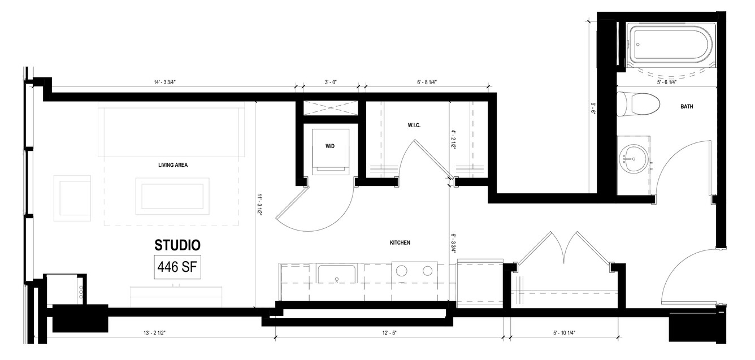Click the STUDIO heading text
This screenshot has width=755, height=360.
click(177, 245)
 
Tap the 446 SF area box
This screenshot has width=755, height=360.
click(177, 267)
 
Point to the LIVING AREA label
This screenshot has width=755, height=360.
click(173, 165)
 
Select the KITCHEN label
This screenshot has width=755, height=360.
click(400, 242)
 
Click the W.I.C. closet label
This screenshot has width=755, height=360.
click(414, 125)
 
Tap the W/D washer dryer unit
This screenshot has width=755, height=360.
click(330, 151)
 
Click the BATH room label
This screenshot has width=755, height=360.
click(687, 106)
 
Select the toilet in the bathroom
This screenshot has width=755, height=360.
click(638, 104)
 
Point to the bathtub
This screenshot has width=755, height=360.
click(671, 47)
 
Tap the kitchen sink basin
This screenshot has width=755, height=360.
click(336, 274)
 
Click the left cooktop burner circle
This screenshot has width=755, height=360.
click(401, 270)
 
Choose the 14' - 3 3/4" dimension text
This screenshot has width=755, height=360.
click(165, 83)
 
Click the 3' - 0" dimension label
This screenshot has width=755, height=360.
click(331, 83)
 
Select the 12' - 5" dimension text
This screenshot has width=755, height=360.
click(389, 333)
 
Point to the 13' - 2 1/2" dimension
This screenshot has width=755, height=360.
click(154, 333)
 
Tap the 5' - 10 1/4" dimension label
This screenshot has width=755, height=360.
click(564, 333)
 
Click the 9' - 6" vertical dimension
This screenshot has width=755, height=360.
click(593, 109)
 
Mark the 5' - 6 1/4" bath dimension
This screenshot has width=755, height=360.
click(667, 83)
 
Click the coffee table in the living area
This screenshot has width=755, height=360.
click(172, 196)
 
